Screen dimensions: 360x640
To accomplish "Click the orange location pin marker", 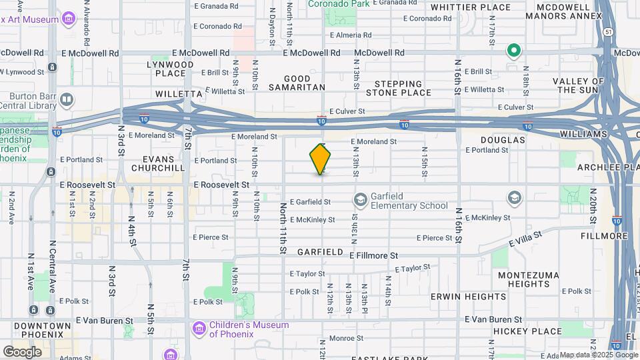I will click(321, 159).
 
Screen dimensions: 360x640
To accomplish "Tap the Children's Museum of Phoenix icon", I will click(199, 329).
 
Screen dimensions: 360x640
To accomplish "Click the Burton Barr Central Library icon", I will click(67, 100).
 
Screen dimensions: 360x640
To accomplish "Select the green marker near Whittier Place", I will click(513, 50).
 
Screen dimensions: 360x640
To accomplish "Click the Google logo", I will click(22, 351).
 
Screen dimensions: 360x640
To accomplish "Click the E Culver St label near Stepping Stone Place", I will click(347, 111).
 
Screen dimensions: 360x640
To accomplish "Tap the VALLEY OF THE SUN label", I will click(578, 85).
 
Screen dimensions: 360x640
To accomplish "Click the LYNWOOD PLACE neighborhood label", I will click(171, 69).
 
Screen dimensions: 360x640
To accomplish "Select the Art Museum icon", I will click(68, 17).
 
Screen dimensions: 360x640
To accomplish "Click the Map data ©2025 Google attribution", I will click(598, 355).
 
